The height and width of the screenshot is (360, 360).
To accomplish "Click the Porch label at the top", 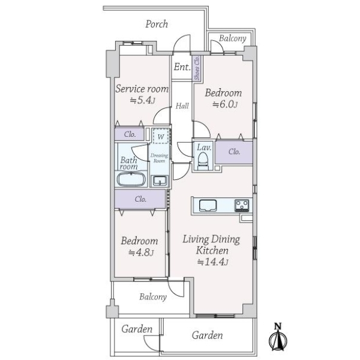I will coord(157,25).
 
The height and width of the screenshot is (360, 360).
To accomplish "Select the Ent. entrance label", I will coord(181,67).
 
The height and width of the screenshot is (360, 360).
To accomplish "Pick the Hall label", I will coord(182,106).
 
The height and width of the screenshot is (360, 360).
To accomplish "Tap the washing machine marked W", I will coord(160,137).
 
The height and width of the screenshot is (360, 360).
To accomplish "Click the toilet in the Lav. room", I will coord(203,157).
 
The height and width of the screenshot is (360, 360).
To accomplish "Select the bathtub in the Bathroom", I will coord(131,180).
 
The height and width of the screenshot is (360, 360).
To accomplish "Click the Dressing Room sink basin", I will coord(159,180).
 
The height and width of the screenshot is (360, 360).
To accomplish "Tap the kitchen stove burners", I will coord(242,205).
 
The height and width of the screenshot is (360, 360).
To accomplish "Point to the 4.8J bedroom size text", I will coord(142,253).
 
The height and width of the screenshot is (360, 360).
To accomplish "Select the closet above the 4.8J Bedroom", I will coord(140,199).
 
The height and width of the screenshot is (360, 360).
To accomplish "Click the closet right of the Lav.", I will coord(234,152).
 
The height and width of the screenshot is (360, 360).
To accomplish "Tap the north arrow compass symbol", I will coord(277,338).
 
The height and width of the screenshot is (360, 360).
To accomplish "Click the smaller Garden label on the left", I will coord(136,329).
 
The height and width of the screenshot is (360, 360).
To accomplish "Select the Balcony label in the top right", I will coord(232,38).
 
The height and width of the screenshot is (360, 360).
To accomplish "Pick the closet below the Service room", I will coord(130,134).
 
